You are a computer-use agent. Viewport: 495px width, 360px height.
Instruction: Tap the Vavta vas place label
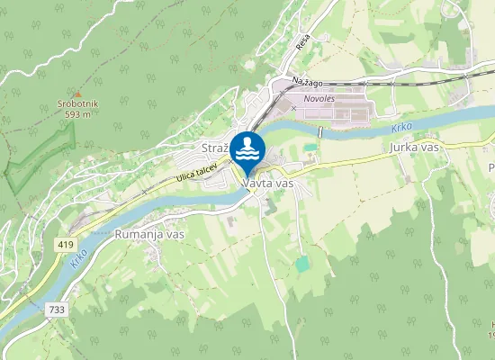tap(268, 183)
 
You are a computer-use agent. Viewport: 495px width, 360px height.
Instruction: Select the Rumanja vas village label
tap(149, 233)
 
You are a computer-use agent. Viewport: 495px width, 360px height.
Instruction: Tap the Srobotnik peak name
tap(78, 104)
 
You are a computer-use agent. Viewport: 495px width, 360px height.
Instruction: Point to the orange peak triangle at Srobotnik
tap(78, 94)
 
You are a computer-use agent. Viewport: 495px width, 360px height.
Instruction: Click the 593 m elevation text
tap(79, 114)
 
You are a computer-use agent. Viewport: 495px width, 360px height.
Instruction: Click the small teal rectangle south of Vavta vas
tap(302, 264)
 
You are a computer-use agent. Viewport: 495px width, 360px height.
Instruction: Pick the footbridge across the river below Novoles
tap(320, 133)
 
